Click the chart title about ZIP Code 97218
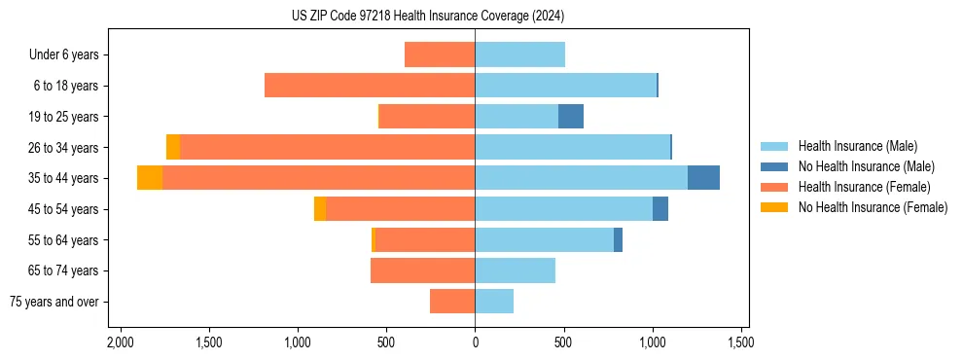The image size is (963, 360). [x=427, y=17]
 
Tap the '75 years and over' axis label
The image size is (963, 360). [x=53, y=302]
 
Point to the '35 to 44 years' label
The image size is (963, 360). [x=63, y=178]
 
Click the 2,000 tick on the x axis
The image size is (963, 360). [x=120, y=342]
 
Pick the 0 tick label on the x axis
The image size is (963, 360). [x=475, y=342]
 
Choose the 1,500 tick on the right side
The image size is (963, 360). [x=740, y=342]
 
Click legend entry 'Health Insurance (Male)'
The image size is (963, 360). [x=857, y=146]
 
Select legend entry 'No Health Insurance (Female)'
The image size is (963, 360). [x=873, y=207]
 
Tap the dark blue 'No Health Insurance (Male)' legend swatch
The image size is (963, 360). [x=774, y=166]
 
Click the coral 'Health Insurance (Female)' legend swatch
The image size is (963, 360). [x=774, y=187]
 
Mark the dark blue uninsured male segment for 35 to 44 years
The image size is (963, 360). [x=703, y=178]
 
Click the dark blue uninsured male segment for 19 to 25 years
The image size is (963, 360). [x=571, y=117]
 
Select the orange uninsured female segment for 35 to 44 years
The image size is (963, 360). [x=150, y=178]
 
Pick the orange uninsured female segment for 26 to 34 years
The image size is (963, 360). [x=173, y=147]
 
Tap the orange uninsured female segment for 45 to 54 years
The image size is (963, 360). [x=320, y=209]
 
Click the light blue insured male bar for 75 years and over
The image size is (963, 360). [x=494, y=302]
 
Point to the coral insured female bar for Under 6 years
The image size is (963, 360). [x=440, y=54]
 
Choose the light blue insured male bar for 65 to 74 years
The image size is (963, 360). [x=515, y=270]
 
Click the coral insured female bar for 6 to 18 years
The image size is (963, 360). [x=370, y=86]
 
